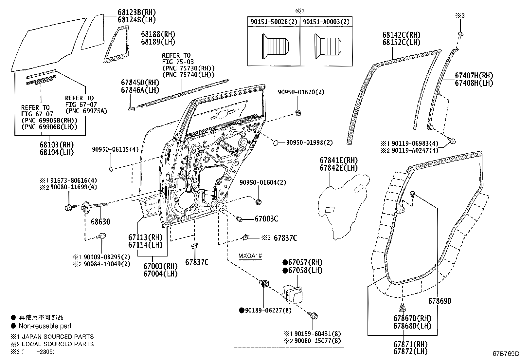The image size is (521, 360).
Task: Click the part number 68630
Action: point(100,222)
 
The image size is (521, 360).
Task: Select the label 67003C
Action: point(266,219)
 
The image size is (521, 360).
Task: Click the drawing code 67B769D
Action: point(506,353)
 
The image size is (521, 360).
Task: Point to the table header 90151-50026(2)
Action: point(273,22)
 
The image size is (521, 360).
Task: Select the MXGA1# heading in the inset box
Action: point(250,256)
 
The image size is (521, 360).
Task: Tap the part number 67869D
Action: point(440,301)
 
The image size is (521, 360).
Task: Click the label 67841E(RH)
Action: point(339,161)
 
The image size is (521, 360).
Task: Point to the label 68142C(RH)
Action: point(401,35)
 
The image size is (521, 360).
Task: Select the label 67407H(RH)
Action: point(474,76)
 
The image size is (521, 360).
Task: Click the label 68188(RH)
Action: point(158,34)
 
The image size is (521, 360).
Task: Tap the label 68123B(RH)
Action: point(136,12)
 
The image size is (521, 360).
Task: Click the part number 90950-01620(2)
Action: point(301,92)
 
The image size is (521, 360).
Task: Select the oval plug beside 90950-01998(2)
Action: point(276,142)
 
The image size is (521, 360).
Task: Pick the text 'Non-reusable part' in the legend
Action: point(45,326)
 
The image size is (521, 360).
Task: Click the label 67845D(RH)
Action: point(140,83)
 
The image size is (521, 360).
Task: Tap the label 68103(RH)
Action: point(57,145)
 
